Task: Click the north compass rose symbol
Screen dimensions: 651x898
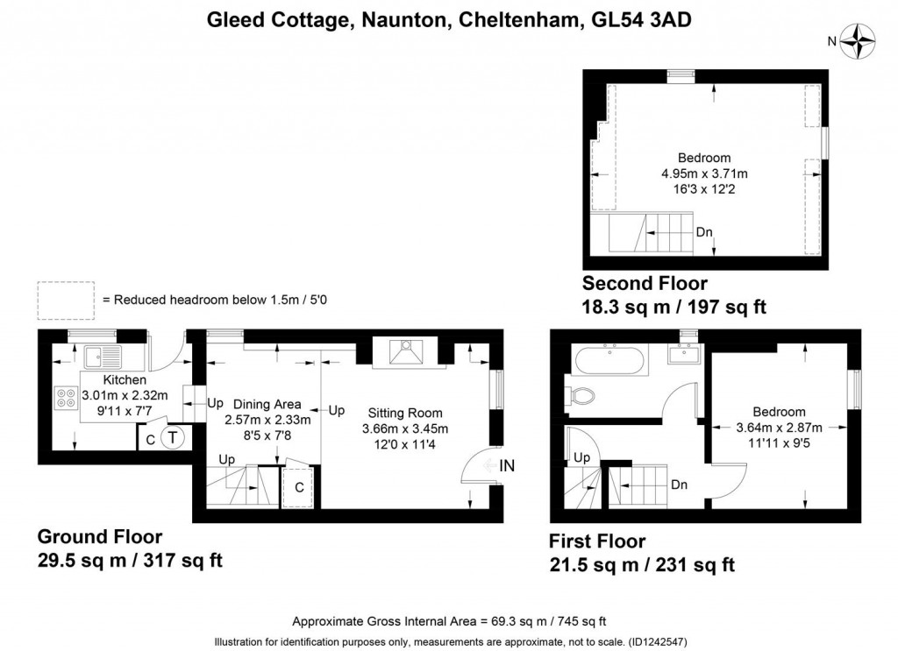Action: [859, 39]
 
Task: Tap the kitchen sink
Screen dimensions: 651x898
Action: [102, 357]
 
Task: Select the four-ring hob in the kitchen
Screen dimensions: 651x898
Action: [66, 398]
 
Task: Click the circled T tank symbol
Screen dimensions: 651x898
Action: [172, 437]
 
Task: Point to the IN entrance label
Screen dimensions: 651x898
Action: [506, 466]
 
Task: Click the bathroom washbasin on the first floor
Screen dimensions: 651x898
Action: [685, 354]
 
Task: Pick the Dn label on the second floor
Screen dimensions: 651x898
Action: [703, 232]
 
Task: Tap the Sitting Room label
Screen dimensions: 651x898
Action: [405, 413]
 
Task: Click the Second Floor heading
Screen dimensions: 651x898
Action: [645, 283]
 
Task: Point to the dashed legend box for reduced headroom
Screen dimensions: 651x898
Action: [65, 300]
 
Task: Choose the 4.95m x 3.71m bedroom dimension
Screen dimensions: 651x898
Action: [704, 173]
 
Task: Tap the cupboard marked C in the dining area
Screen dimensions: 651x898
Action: [299, 486]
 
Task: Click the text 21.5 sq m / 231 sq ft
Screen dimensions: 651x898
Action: [641, 565]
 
